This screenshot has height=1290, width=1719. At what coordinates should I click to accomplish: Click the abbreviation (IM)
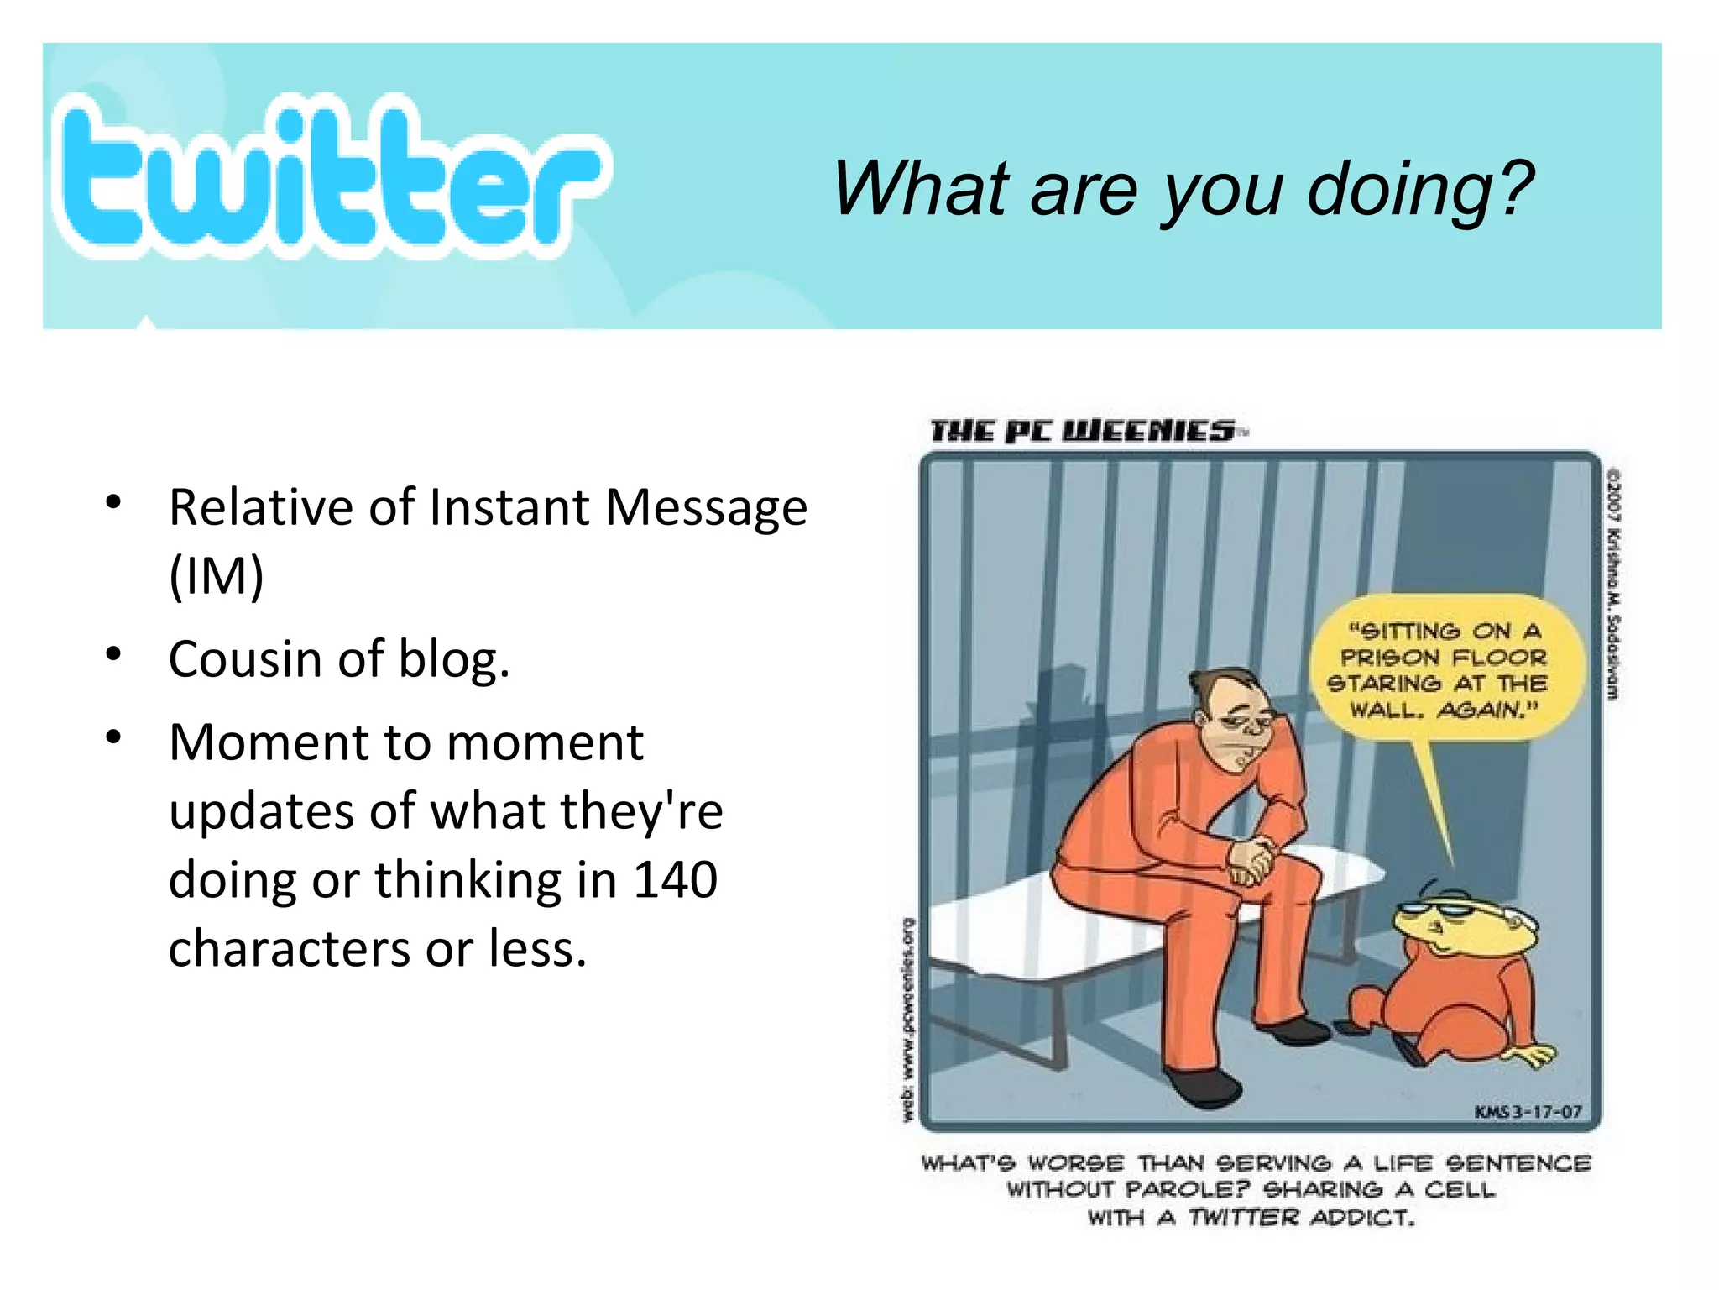tap(217, 576)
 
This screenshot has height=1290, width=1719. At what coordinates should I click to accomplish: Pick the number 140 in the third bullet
tap(675, 880)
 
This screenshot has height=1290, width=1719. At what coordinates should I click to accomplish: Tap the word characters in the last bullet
tap(290, 949)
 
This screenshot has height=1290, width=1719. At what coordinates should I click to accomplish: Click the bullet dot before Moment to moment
tap(114, 737)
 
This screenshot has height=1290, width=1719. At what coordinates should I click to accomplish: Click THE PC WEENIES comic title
tap(1083, 432)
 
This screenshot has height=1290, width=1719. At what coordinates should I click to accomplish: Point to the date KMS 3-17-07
tap(1528, 1112)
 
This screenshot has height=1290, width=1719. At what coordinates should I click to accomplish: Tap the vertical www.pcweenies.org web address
tap(907, 1020)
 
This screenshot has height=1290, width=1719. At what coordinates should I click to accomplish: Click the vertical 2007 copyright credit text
tap(1612, 584)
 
